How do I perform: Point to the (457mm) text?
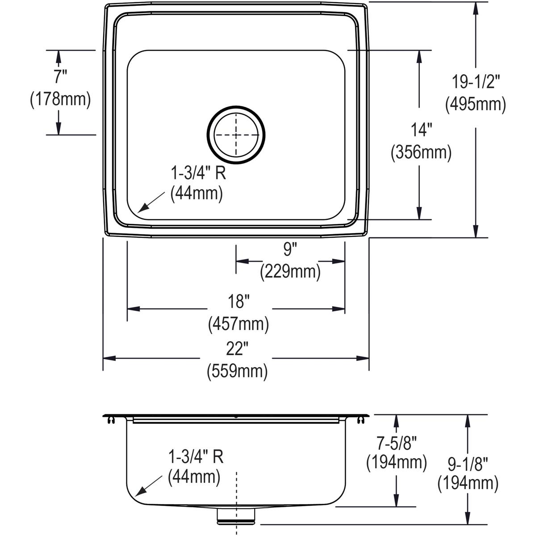[x=239, y=324]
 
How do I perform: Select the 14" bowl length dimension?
[x=421, y=130]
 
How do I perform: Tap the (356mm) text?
[x=421, y=153]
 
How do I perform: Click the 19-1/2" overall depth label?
[x=475, y=82]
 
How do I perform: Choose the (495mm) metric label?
[x=475, y=104]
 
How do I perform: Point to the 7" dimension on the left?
[x=60, y=76]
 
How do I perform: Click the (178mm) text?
[x=60, y=99]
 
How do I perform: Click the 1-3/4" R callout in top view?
[x=198, y=172]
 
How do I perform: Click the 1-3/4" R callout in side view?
[x=195, y=456]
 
